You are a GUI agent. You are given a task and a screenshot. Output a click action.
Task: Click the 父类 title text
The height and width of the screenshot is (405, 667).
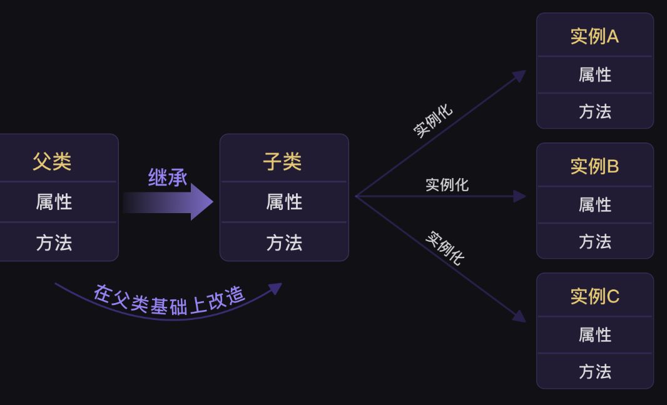52,161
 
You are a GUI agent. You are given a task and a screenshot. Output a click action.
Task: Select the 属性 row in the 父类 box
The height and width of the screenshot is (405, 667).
54,202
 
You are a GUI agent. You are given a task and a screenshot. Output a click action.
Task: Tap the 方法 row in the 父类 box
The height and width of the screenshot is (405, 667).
54,242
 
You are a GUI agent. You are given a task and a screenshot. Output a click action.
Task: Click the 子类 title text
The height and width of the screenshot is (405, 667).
283,161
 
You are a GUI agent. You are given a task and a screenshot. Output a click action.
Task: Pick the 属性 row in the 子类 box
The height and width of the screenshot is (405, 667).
284,202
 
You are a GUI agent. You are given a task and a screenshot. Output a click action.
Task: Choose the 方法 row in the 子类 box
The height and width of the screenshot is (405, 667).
284,242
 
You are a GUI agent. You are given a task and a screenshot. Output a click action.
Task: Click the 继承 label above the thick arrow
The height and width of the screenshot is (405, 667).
167,177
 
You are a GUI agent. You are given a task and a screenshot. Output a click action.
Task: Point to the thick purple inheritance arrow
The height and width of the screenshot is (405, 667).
169,202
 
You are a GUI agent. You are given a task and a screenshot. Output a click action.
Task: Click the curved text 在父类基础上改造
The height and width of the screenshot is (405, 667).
169,301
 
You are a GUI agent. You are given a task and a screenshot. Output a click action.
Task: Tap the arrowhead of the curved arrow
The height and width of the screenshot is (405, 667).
275,288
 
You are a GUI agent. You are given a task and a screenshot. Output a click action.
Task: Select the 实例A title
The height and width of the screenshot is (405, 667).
594,36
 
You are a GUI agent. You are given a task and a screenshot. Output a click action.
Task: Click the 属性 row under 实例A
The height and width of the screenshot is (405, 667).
594,74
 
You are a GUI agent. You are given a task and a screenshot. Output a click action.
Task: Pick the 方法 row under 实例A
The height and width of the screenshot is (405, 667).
594,111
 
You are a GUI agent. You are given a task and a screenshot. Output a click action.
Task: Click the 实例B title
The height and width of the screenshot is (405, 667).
594,166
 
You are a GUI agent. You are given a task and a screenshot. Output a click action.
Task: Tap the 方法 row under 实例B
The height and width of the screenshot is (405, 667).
594,241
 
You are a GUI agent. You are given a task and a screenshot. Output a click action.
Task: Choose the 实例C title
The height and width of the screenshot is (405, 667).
594,296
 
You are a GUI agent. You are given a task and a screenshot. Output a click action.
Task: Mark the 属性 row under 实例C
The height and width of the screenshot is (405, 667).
594,334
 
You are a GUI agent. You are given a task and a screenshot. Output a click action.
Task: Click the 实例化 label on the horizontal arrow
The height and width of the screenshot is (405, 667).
447,185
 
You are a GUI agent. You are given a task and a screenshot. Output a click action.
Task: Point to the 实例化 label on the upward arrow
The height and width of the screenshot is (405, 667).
433,120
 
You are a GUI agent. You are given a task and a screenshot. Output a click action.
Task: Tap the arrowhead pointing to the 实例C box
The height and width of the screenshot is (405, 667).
519,316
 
